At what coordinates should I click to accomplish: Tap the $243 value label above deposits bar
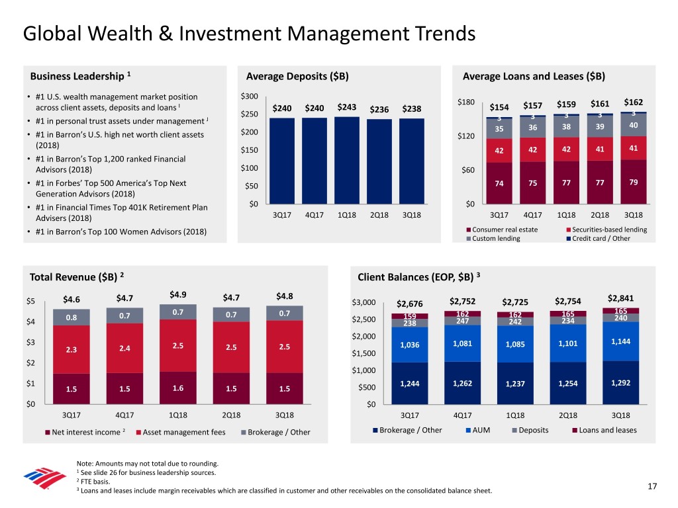tap(348, 107)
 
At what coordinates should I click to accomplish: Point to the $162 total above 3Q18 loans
tap(634, 102)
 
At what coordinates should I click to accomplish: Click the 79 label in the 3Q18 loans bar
tap(634, 182)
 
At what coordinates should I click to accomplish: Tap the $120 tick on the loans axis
tap(465, 136)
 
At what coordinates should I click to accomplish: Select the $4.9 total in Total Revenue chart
tap(177, 294)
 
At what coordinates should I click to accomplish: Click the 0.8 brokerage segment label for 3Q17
tap(71, 316)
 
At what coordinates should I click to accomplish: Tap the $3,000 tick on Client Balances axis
tap(364, 303)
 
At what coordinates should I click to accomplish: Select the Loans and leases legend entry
tap(604, 431)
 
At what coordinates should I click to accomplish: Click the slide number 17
tap(652, 487)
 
